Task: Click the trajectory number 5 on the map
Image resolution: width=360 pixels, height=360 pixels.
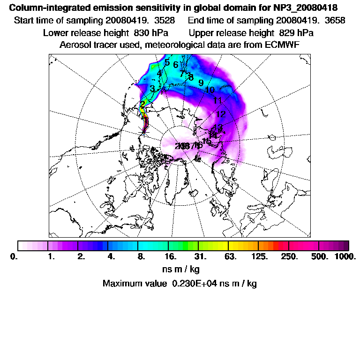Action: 167,62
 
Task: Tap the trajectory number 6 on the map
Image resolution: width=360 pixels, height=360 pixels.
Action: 175,65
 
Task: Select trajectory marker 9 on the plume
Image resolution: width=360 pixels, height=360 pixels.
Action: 201,82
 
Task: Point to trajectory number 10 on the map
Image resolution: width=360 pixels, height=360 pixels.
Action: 210,90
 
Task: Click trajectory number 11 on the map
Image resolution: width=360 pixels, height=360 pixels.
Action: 217,100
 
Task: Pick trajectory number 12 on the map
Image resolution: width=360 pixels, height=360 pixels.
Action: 221,114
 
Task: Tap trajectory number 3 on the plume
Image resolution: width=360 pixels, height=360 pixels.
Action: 152,89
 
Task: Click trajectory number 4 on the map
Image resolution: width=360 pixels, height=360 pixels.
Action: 159,74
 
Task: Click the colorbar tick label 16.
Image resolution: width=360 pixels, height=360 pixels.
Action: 171,257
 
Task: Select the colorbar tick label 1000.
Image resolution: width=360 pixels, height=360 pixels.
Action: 345,257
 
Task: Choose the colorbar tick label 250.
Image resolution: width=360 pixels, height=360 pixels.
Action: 290,257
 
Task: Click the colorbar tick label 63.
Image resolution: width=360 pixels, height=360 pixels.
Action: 230,257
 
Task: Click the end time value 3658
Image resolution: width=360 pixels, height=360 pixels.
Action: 298,21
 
